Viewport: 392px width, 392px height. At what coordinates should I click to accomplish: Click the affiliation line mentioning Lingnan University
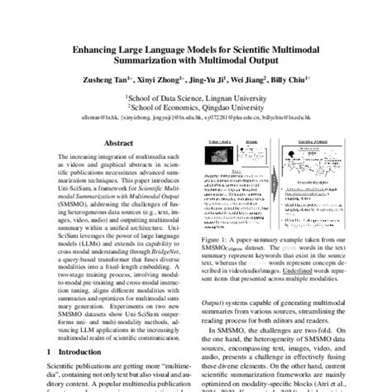pos(196,97)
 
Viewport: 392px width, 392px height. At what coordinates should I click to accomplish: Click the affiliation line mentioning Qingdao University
pos(196,107)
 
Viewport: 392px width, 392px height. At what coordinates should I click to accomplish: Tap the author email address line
pos(196,118)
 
